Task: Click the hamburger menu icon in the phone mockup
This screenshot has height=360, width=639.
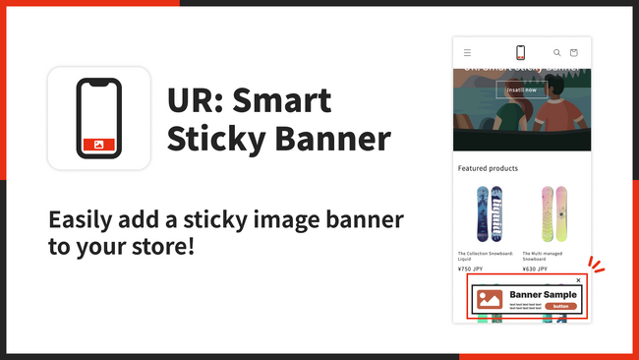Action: coord(467,52)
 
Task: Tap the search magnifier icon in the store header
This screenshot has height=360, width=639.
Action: coord(556,52)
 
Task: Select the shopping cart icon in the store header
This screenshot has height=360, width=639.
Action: coord(574,52)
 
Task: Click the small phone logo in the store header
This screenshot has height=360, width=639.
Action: coord(520,52)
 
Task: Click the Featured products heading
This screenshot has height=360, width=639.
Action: coord(488,168)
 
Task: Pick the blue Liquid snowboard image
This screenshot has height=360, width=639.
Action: coord(482,212)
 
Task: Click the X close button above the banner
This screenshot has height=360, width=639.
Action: coord(578,280)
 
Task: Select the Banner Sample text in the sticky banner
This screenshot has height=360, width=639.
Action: coord(543,294)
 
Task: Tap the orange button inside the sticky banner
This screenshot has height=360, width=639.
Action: coord(559,306)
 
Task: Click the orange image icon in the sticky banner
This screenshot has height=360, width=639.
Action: coord(490,299)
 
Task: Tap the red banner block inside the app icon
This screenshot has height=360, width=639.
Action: coord(98,144)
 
